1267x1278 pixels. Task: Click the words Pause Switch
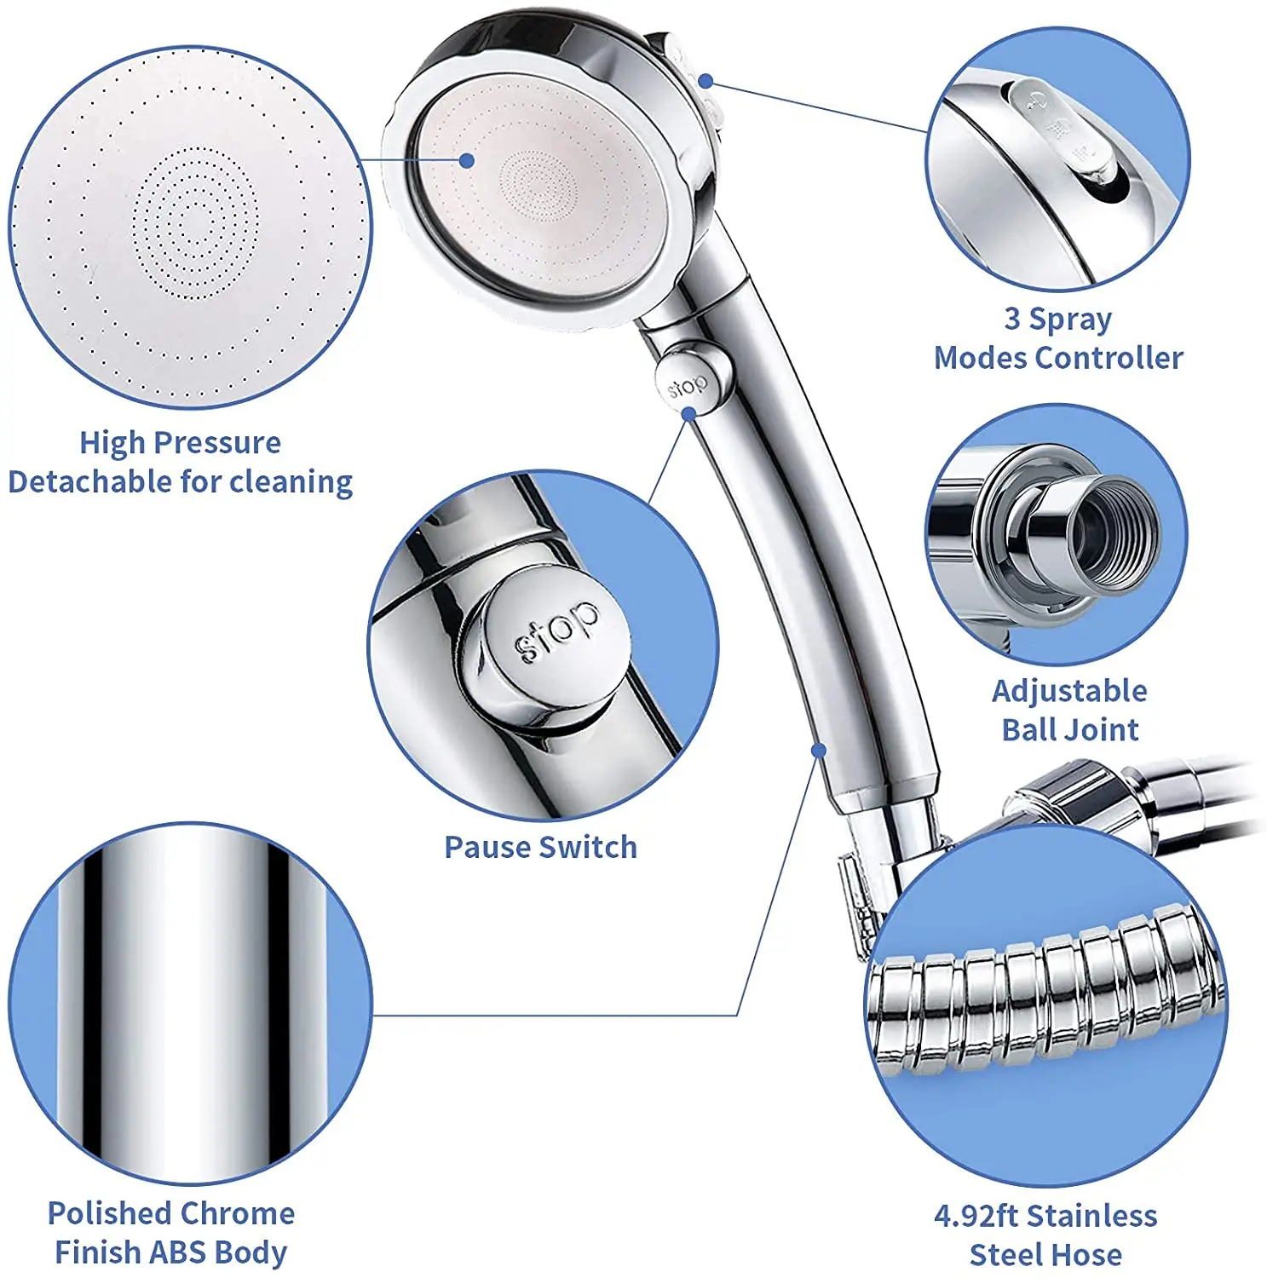point(540,847)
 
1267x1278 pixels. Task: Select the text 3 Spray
point(1057,319)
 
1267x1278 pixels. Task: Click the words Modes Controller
point(1058,358)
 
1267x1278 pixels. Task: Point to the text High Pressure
point(180,442)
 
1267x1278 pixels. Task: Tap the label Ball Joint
point(1069,729)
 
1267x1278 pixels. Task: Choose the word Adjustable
point(1069,690)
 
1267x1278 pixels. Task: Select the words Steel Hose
point(1045,1254)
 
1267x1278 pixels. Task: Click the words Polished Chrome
point(171,1212)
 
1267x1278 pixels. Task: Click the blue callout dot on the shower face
point(466,160)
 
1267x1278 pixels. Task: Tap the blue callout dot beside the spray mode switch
point(705,81)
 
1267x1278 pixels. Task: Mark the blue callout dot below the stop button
point(690,413)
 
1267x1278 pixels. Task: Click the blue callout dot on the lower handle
point(818,751)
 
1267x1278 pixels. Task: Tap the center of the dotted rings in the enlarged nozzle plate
point(195,223)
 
